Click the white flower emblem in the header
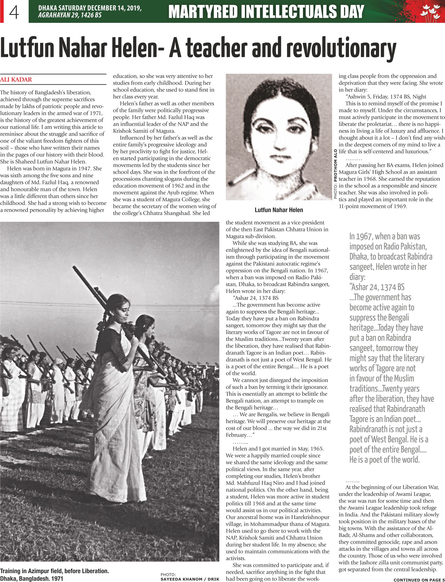[x=430, y=12]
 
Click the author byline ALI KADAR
[x=16, y=80]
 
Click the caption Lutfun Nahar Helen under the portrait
[x=279, y=210]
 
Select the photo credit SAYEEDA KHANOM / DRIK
[x=190, y=579]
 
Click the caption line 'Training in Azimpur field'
[x=54, y=571]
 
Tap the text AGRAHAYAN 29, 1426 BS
[x=70, y=15]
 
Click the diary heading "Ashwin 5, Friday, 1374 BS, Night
[x=386, y=97]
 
